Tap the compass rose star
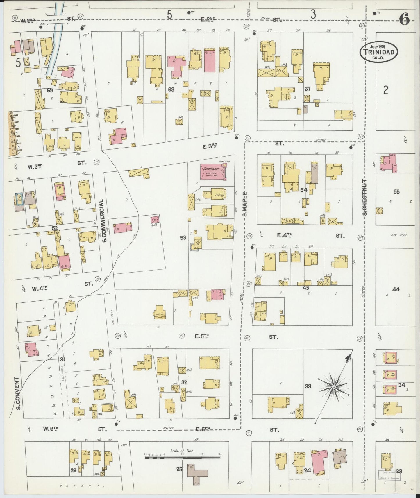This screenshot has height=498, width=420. [x=334, y=387]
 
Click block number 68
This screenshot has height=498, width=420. [x=171, y=89]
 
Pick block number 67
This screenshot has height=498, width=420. [x=308, y=89]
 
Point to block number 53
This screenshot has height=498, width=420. [x=183, y=238]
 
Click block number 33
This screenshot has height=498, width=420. [x=308, y=386]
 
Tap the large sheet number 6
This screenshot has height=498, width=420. [x=404, y=20]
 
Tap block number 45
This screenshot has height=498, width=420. [x=305, y=288]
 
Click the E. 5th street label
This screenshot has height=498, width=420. [x=202, y=336]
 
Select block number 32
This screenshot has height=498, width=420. [x=184, y=382]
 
